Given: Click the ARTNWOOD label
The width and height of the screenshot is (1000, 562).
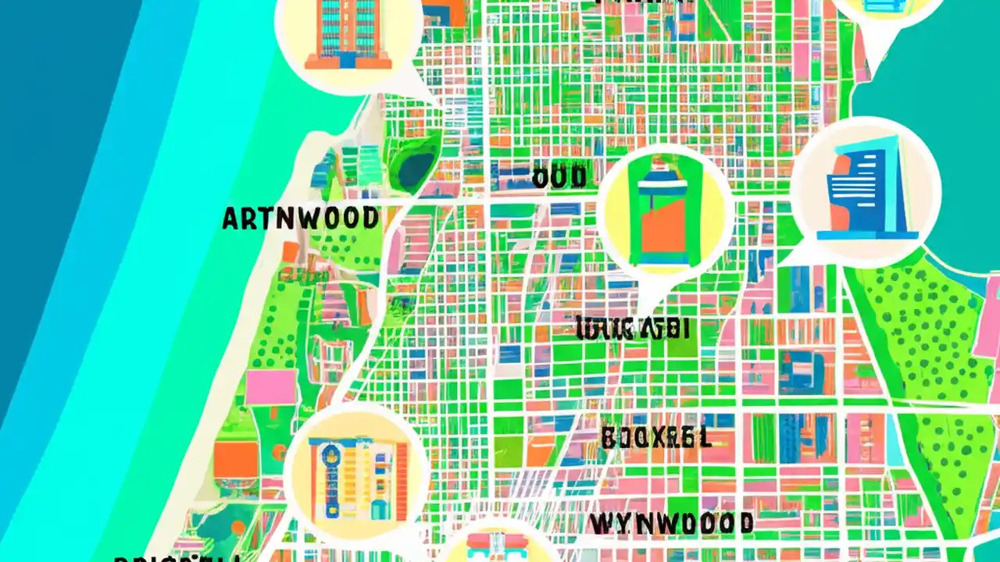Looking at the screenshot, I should (x=300, y=219).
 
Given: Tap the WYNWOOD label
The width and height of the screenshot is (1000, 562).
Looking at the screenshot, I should (x=671, y=523).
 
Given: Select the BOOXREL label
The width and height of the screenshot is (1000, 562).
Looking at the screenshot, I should (x=656, y=438).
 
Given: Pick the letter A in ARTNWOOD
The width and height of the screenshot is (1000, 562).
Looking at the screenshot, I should (x=230, y=219).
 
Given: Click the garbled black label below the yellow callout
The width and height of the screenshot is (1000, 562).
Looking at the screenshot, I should (x=632, y=329).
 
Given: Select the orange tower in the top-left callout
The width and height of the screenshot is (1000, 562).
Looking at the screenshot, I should (x=348, y=33).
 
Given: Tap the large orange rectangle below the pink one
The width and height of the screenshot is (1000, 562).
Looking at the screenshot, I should (x=235, y=460).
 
